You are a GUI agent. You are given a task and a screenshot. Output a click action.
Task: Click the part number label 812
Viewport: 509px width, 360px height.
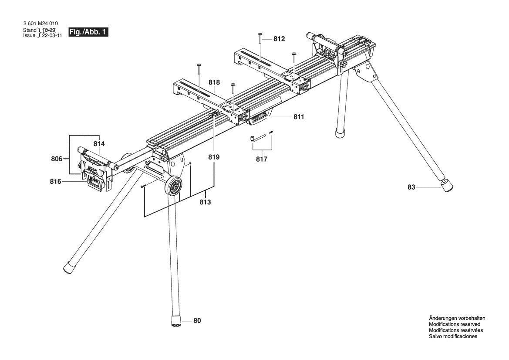coord(279,39)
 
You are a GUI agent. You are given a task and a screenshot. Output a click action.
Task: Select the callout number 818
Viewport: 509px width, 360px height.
coord(214,82)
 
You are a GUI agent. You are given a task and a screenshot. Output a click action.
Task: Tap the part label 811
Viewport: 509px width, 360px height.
coord(299,117)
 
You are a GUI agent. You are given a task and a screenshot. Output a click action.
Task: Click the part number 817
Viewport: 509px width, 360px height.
coord(262,160)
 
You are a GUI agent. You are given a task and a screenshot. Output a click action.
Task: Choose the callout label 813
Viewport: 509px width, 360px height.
coord(205,202)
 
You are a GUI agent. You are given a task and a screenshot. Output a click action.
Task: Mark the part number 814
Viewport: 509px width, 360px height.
coord(99,143)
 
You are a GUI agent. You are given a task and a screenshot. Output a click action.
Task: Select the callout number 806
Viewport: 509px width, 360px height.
coord(57,159)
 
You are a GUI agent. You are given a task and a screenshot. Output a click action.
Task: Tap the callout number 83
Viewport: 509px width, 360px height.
coord(411,187)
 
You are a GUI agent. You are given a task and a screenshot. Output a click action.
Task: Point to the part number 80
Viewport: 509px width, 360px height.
coord(197,321)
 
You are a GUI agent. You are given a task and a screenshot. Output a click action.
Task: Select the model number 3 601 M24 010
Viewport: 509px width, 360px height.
coord(40,24)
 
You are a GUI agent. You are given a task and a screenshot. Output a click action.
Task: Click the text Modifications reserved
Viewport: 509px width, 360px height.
coord(454,325)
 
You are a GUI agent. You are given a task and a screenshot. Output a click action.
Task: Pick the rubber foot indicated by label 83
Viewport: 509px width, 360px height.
coord(446,186)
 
